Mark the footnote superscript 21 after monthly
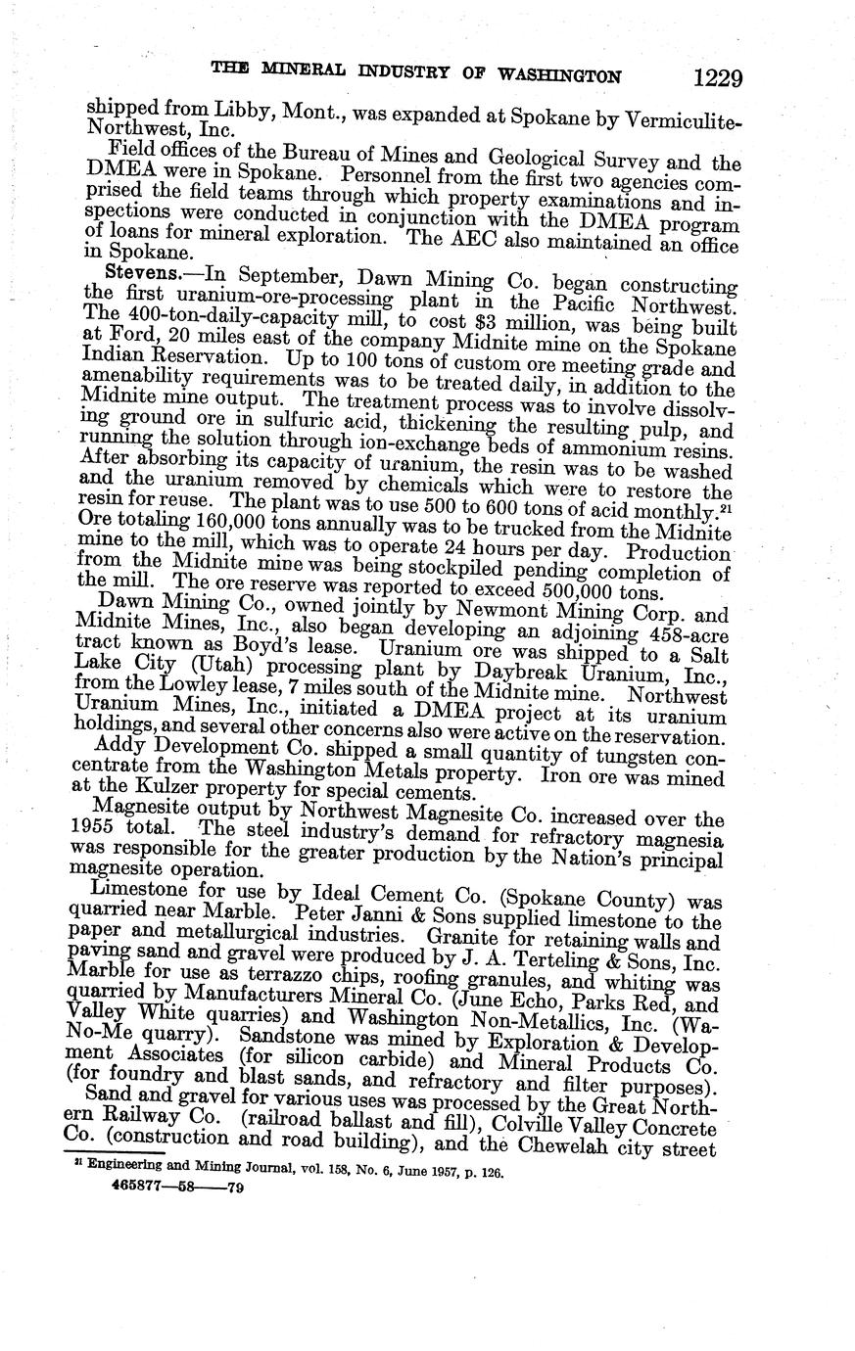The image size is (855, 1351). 727,507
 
